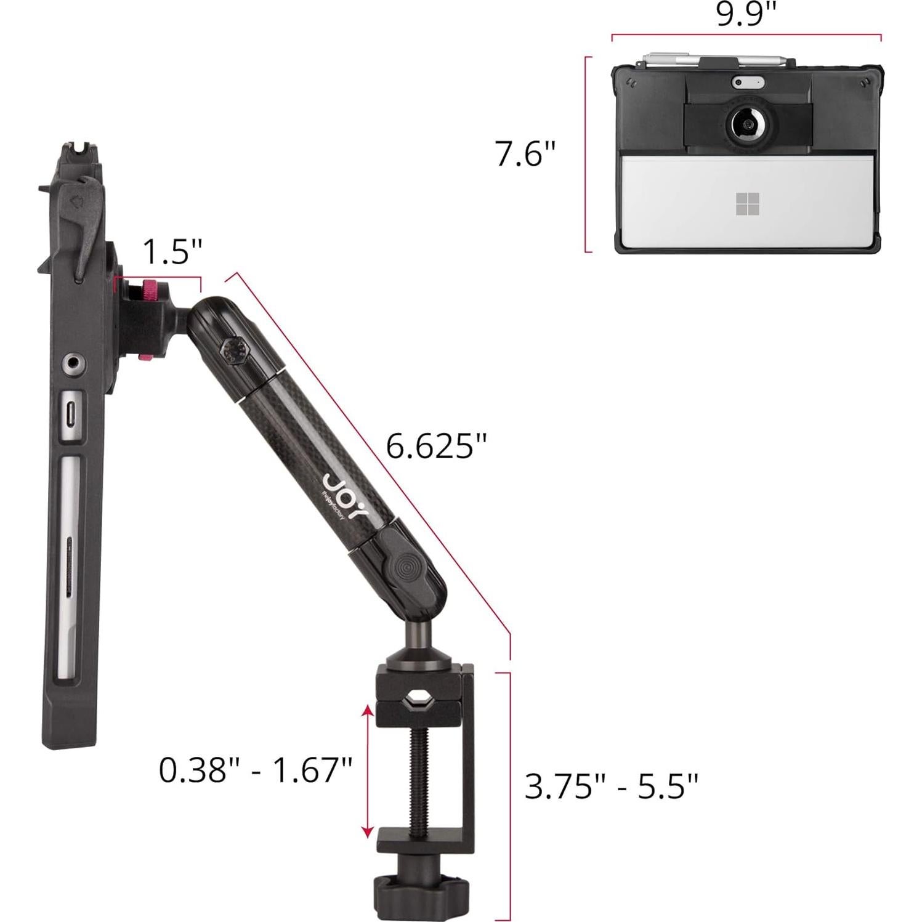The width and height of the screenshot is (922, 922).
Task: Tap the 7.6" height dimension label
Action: pyautogui.click(x=525, y=153)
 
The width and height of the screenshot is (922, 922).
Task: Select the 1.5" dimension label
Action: pyautogui.click(x=172, y=251)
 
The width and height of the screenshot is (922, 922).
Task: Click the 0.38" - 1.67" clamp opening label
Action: pyautogui.click(x=255, y=769)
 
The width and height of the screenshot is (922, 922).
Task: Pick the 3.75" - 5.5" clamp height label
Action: pyautogui.click(x=611, y=786)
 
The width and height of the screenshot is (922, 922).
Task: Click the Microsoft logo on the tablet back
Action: pyautogui.click(x=747, y=204)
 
